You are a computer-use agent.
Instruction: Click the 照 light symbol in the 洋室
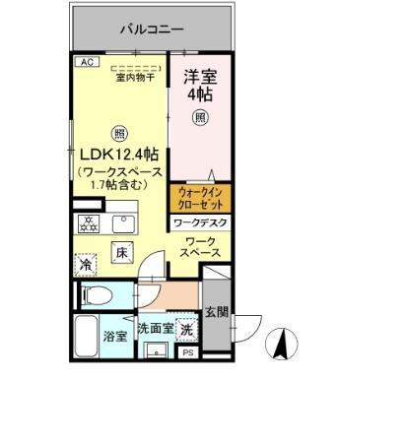point(200,118)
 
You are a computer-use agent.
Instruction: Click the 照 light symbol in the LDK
point(119,133)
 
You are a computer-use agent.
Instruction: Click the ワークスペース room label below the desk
point(201,248)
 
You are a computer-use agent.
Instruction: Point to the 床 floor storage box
point(122,252)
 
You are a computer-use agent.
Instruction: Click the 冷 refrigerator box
point(87,265)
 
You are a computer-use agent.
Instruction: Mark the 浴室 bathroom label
point(114,336)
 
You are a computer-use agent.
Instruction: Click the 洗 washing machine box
point(187,329)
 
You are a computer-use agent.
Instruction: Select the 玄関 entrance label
point(217,313)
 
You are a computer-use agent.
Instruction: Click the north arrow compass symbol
point(280,345)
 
